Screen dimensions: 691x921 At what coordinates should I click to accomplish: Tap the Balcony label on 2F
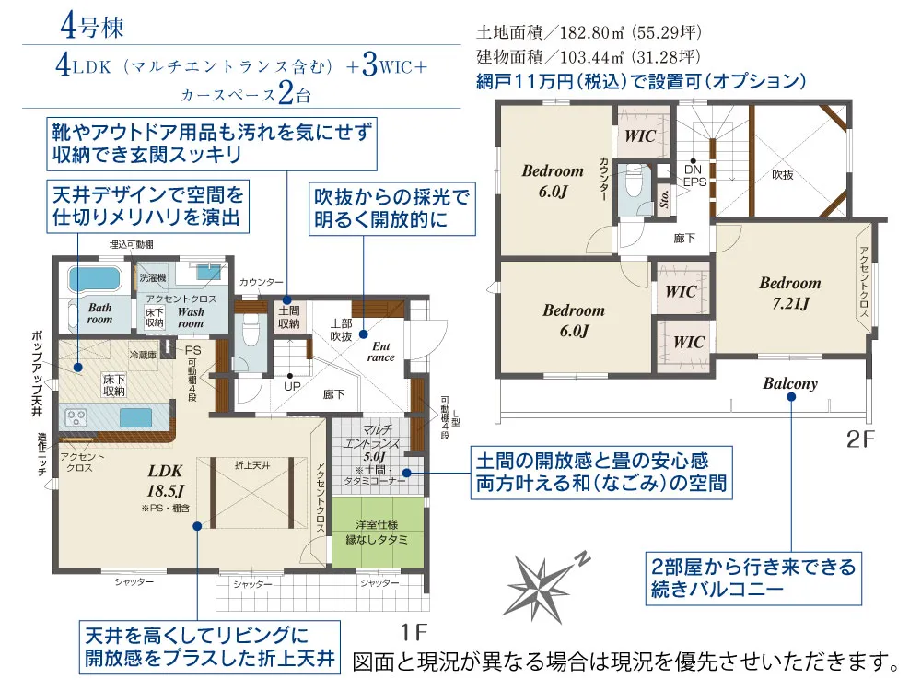pyautogui.click(x=789, y=383)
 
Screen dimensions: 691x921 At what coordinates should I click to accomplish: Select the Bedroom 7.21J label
pyautogui.click(x=789, y=292)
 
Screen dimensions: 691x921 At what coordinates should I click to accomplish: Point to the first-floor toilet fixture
pyautogui.click(x=248, y=329)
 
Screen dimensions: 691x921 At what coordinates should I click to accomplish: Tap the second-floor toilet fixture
pyautogui.click(x=634, y=183)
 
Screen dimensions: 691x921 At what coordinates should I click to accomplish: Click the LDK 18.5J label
pyautogui.click(x=166, y=478)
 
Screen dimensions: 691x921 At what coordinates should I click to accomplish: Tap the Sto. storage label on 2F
pyautogui.click(x=662, y=197)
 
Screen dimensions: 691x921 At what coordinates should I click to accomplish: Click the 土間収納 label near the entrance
pyautogui.click(x=288, y=318)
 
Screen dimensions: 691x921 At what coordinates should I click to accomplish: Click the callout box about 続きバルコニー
pyautogui.click(x=752, y=576)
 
